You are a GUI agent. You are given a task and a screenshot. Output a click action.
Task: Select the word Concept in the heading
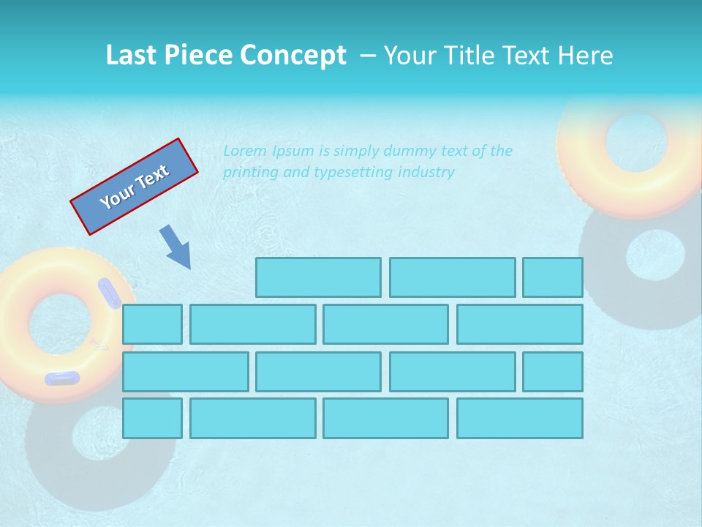click(x=295, y=56)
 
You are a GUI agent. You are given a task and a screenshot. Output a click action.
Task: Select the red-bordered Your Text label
click(x=135, y=187)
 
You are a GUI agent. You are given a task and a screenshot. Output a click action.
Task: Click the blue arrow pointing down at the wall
click(x=176, y=247)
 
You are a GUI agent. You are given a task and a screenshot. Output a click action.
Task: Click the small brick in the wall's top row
click(x=553, y=277)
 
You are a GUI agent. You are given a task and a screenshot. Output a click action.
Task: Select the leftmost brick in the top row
click(x=318, y=277)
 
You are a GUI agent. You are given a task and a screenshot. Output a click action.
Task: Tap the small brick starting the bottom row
click(x=152, y=418)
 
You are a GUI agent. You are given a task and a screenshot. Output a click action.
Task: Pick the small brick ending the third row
click(x=553, y=371)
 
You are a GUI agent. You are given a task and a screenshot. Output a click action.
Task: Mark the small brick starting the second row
click(x=152, y=324)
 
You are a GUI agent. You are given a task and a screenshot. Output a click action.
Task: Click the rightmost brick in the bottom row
click(x=520, y=418)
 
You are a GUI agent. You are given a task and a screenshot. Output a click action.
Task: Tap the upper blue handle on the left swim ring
click(x=110, y=293)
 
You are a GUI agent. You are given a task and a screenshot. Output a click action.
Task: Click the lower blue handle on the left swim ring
click(x=62, y=378)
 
